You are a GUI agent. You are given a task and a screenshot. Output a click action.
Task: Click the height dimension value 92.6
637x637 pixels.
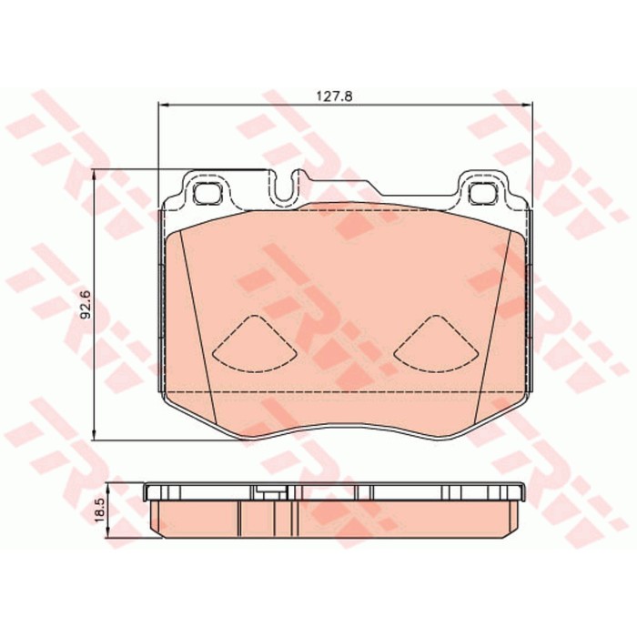[86, 304]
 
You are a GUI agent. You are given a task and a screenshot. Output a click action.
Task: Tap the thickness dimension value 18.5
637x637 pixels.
[100, 511]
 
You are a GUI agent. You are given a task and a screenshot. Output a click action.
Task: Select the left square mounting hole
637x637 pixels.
[207, 193]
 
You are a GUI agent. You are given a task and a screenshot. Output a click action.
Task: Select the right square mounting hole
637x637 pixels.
[483, 193]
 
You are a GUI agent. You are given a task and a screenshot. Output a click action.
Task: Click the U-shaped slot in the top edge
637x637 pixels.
[286, 187]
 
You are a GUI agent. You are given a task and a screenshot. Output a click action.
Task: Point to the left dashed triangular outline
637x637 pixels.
[254, 344]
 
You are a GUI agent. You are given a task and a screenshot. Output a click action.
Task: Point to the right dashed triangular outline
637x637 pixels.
[436, 344]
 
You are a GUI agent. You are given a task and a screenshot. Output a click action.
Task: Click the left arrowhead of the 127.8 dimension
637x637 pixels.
[163, 105]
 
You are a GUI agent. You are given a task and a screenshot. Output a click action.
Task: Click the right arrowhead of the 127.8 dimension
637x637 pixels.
[527, 105]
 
